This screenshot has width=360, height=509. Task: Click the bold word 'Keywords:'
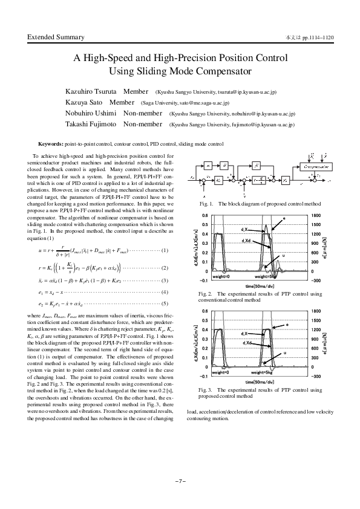51,144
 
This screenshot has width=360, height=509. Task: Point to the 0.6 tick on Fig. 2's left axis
204,215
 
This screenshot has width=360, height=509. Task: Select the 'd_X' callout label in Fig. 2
246,229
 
